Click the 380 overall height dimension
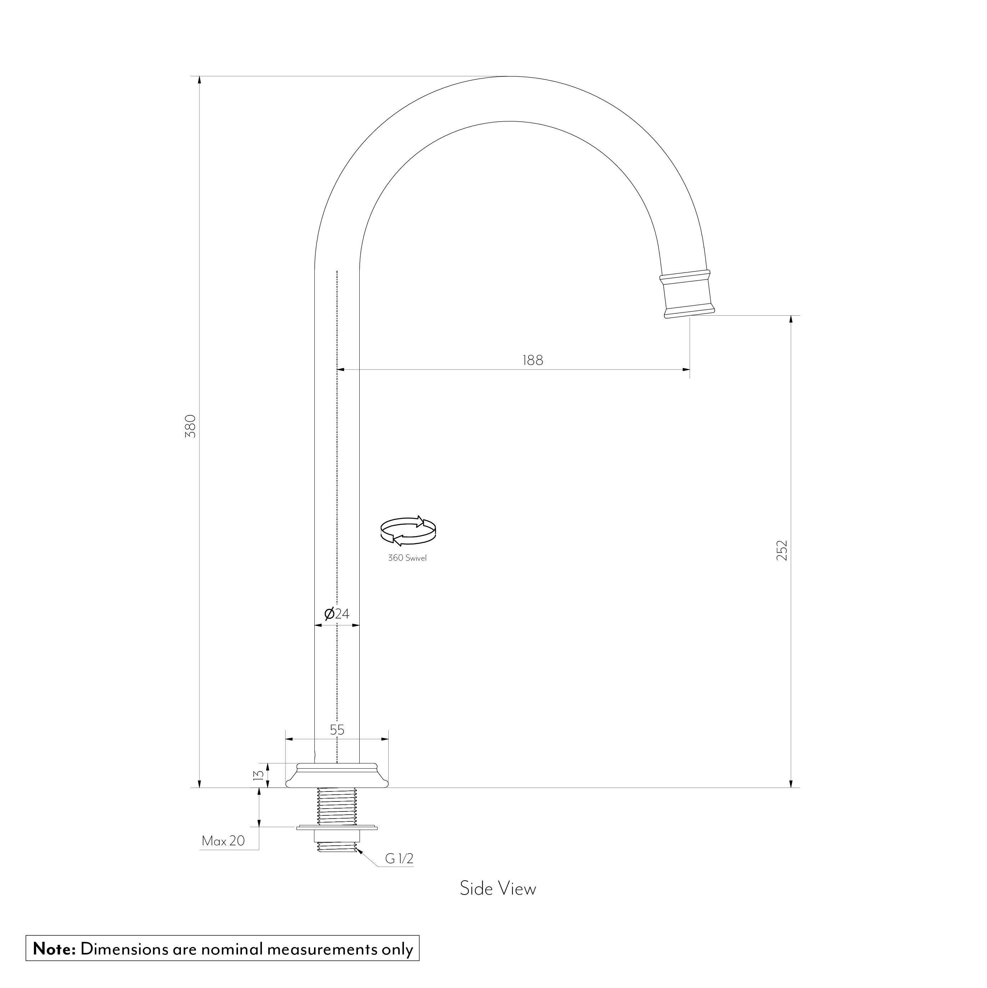190,426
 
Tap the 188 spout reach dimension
533,361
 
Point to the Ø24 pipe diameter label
337,613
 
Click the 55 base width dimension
337,730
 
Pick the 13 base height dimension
258,775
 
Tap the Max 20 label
223,841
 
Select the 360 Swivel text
407,558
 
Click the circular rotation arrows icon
408,530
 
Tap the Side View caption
497,903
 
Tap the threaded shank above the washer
337,807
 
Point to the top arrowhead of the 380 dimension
199,80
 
